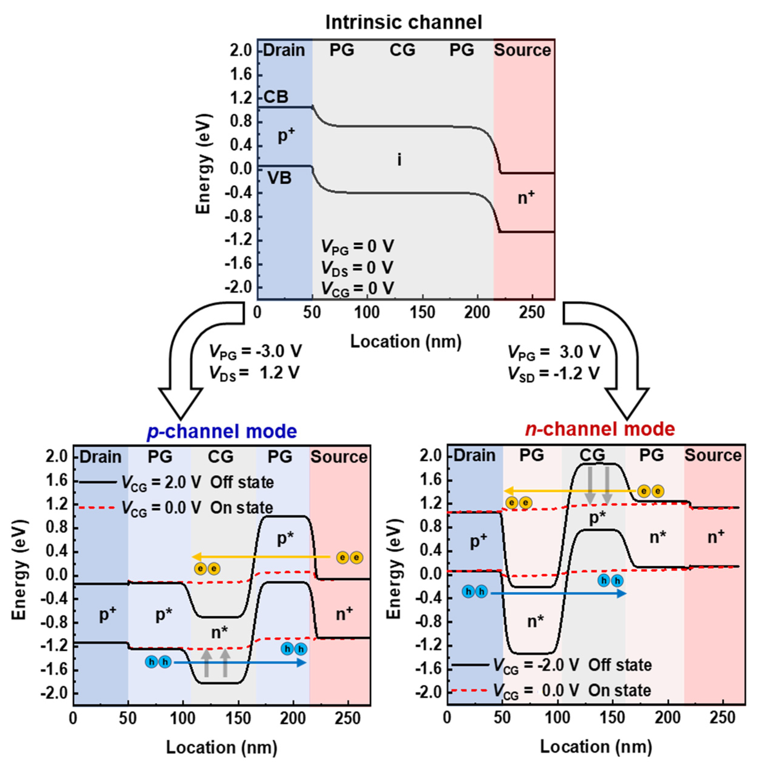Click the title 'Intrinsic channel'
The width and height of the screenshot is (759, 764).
pyautogui.click(x=404, y=23)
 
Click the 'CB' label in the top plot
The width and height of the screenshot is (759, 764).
pyautogui.click(x=276, y=97)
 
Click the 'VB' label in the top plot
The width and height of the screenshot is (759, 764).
pyautogui.click(x=279, y=178)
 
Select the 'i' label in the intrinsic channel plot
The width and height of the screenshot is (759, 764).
pyautogui.click(x=399, y=160)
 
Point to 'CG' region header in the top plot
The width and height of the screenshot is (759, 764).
pyautogui.click(x=402, y=50)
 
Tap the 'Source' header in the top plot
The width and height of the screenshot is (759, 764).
pyautogui.click(x=522, y=50)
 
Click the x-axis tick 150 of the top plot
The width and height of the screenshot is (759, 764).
pyautogui.click(x=422, y=313)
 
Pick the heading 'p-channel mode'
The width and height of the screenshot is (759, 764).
pyautogui.click(x=222, y=431)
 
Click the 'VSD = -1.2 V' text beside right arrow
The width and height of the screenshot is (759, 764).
pyautogui.click(x=553, y=374)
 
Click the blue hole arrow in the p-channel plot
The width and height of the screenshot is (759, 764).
pyautogui.click(x=240, y=662)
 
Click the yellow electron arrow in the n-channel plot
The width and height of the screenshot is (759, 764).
pyautogui.click(x=569, y=491)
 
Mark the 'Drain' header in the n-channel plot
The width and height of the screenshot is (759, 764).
pyautogui.click(x=474, y=455)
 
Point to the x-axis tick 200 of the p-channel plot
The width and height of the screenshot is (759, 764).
pyautogui.click(x=293, y=718)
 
